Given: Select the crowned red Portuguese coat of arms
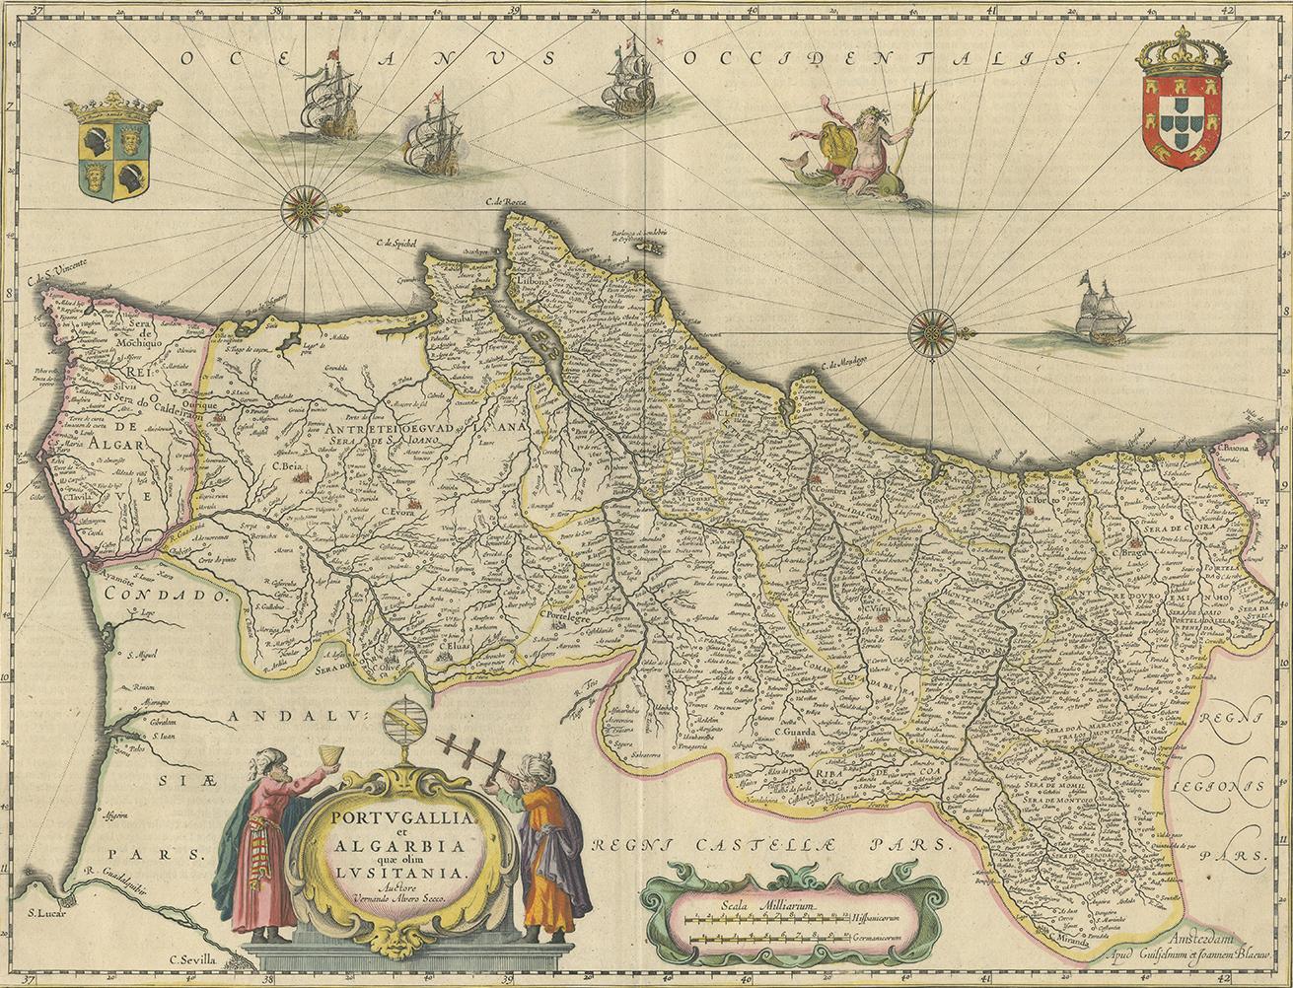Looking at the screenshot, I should [1181, 108].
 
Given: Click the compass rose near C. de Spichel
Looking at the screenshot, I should [305, 209].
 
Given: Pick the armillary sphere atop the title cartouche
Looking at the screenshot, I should [404, 730].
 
